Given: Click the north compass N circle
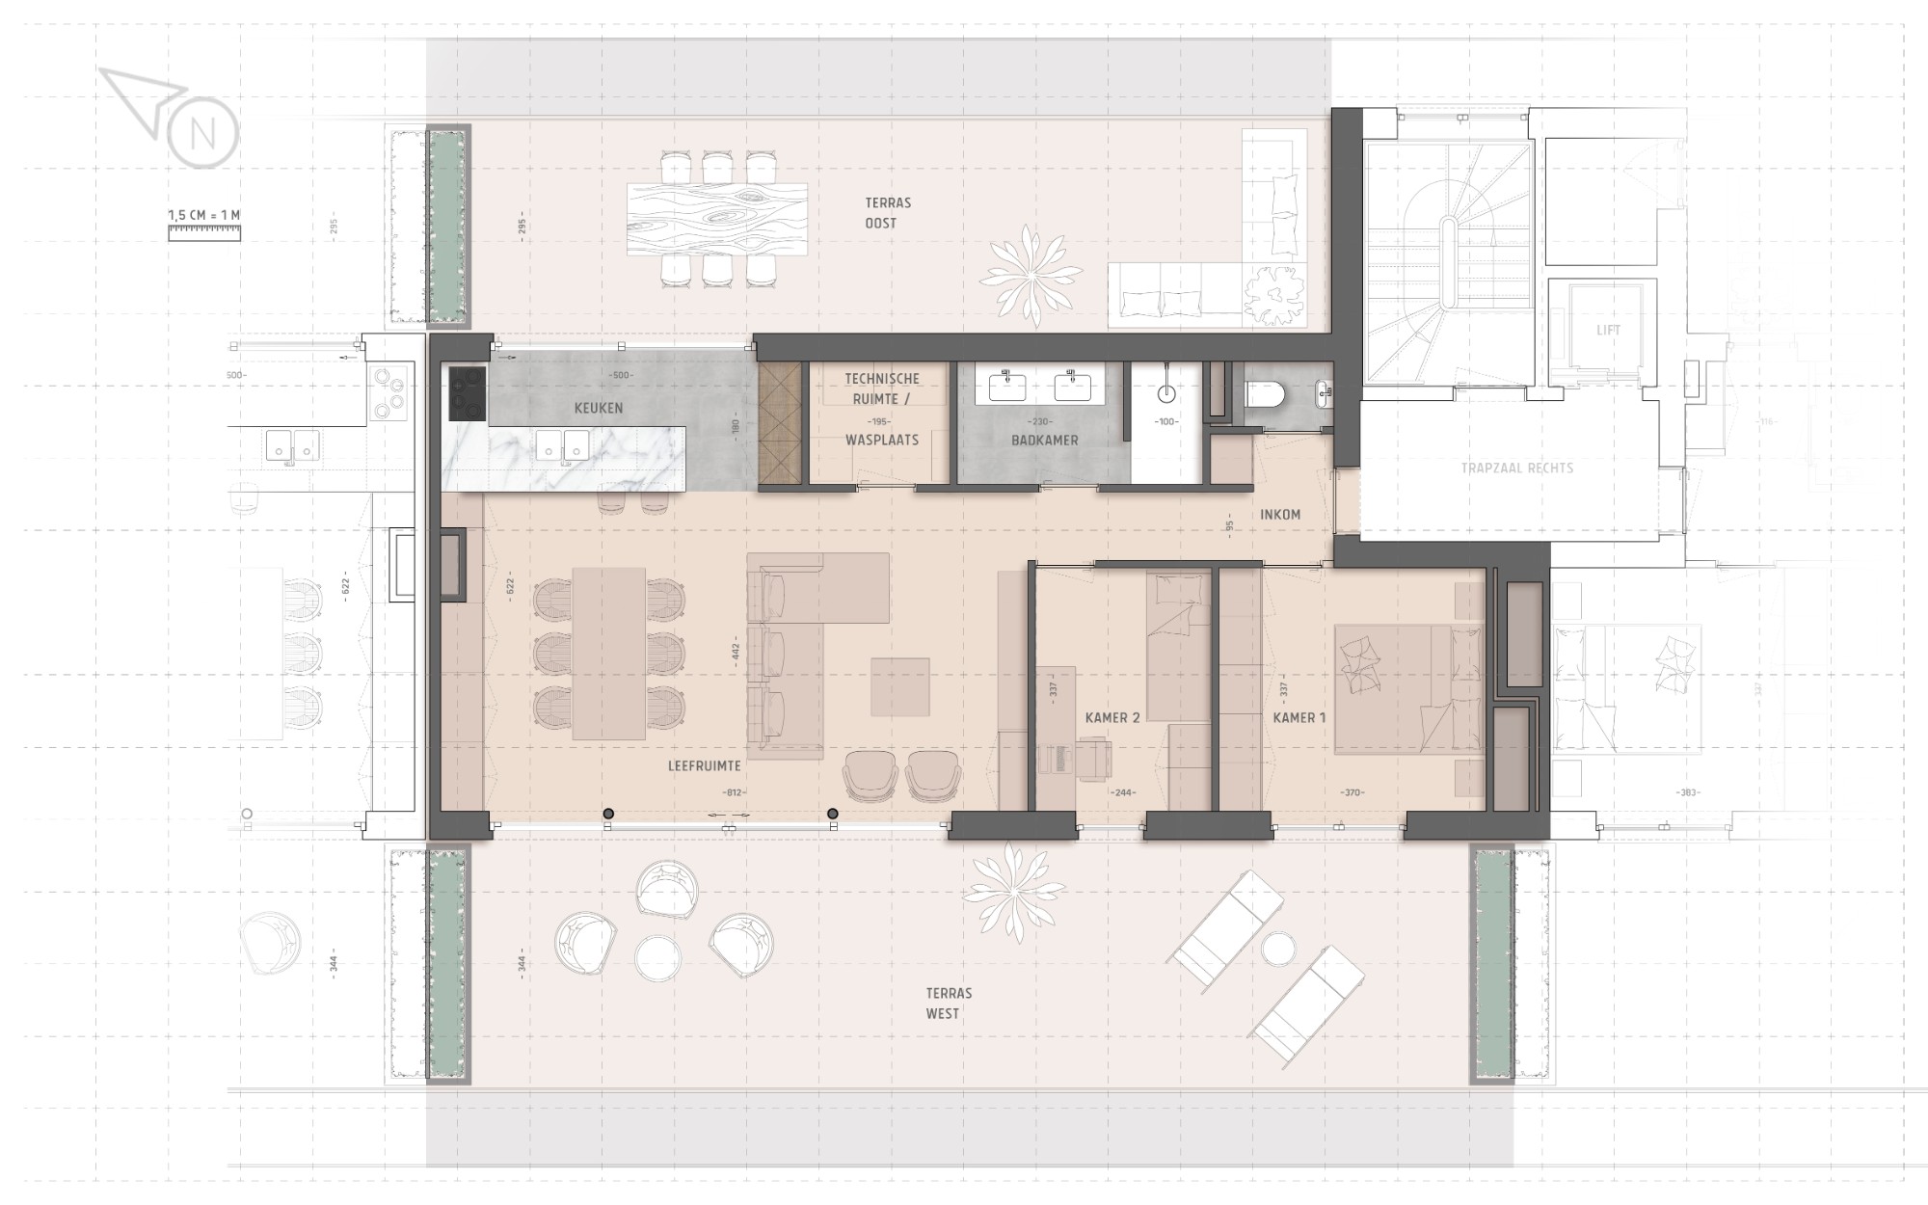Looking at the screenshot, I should pos(202,134).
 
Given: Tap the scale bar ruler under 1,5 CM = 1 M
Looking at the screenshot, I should pos(204,231).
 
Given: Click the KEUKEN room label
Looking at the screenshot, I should pos(599,408).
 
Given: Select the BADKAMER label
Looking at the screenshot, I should pos(1044,440).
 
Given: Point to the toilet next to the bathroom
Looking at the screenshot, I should pos(1267,395).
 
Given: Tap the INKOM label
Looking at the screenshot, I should pos(1280,515).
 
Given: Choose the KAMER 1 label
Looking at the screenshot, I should pos(1299,717).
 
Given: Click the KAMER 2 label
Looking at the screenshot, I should pos(1112,717).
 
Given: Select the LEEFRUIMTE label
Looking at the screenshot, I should pos(705,766).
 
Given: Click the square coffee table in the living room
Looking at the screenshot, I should pos(900,686).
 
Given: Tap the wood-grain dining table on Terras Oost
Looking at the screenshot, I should pos(716,220).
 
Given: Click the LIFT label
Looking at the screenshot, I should pos(1608,330).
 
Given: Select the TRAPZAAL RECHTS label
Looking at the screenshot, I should pos(1516,469).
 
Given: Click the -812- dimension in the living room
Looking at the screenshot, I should pos(735,793).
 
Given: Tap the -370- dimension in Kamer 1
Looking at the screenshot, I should pos(1352,793).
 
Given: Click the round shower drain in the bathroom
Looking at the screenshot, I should pos(1167,393).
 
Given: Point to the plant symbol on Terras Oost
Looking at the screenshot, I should pos(1031,275).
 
